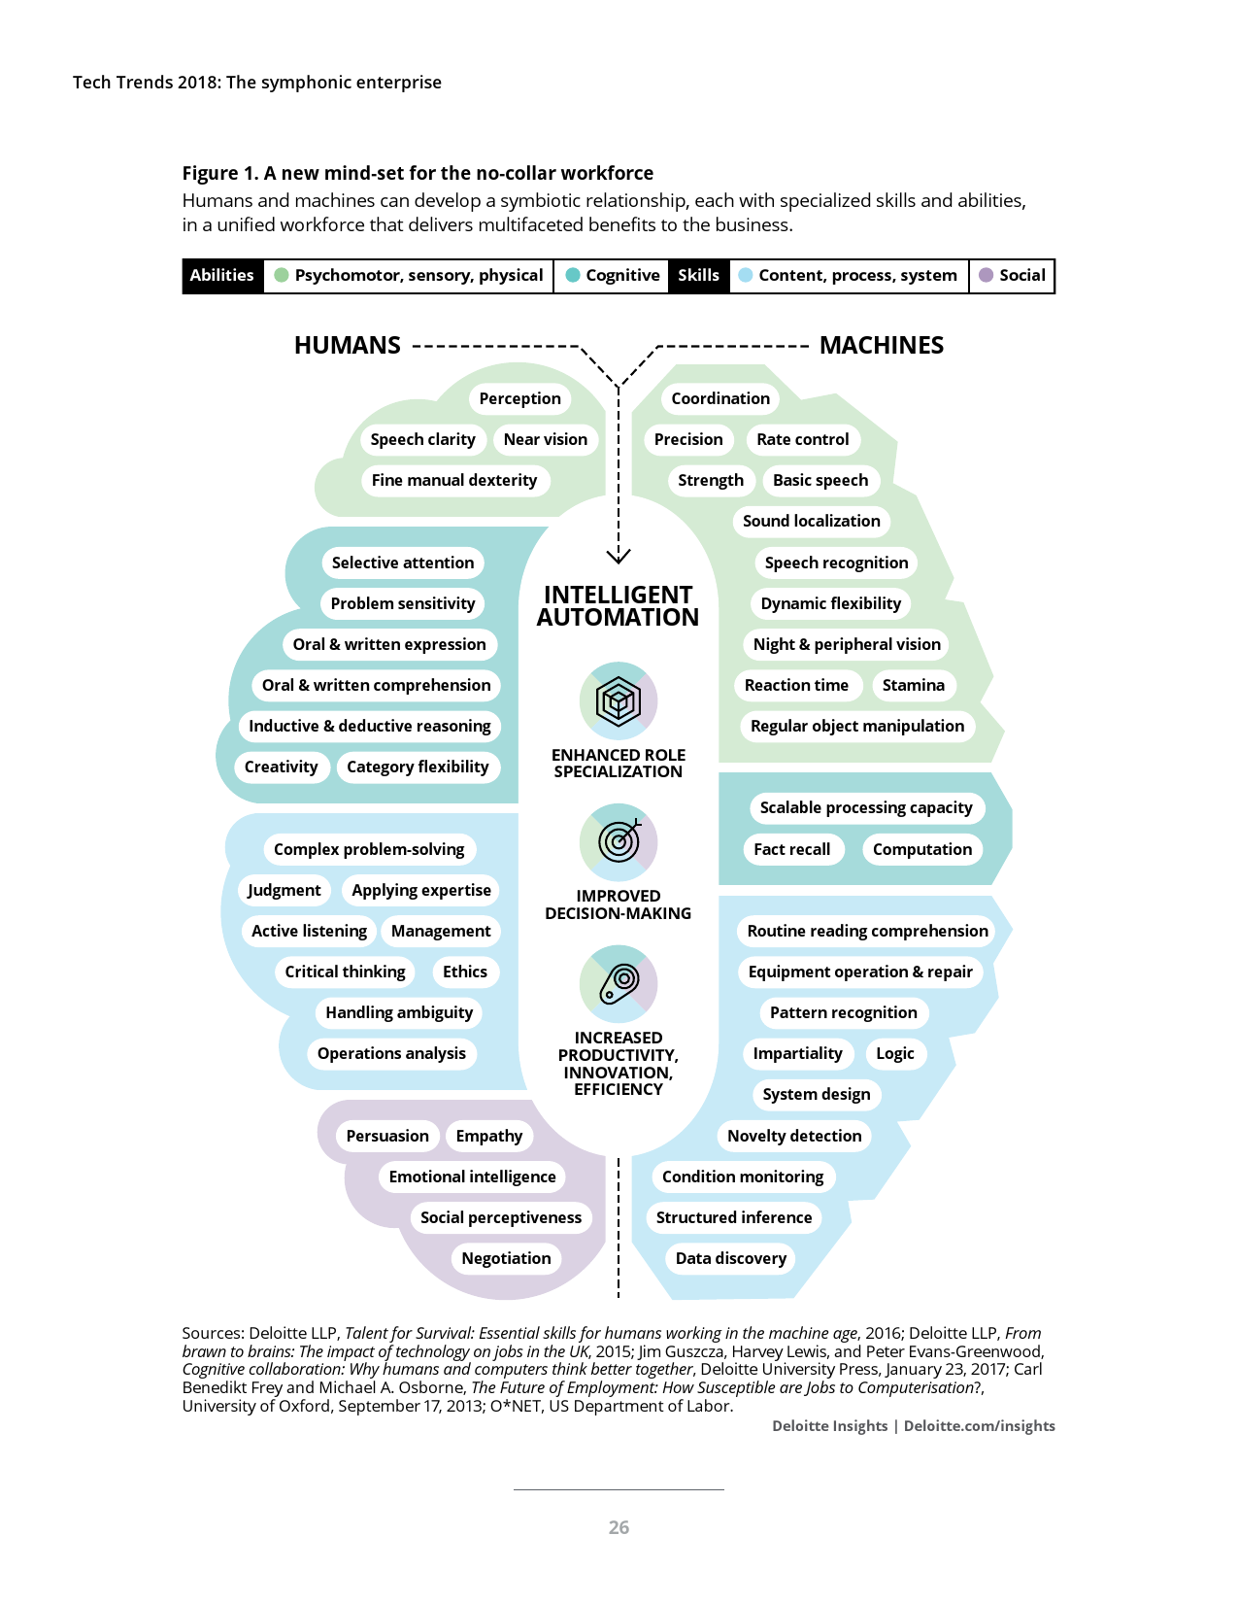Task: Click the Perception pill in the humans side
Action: point(519,398)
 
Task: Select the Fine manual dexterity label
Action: point(453,480)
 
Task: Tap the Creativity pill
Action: point(281,767)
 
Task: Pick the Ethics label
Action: point(464,972)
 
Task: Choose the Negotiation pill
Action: point(506,1258)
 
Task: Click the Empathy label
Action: point(488,1136)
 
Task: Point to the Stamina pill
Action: point(913,685)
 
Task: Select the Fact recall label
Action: point(791,849)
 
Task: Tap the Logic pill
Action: point(894,1053)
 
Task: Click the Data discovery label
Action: point(730,1258)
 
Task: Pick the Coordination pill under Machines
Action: point(719,398)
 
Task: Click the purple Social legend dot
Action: point(987,275)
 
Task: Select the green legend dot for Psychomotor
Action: point(282,275)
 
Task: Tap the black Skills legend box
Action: point(698,275)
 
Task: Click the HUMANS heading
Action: point(347,345)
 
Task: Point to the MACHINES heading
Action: point(881,345)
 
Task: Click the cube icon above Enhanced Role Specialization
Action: point(619,700)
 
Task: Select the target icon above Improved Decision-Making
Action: point(619,841)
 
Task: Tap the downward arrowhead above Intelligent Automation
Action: point(619,556)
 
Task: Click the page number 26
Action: point(619,1527)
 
